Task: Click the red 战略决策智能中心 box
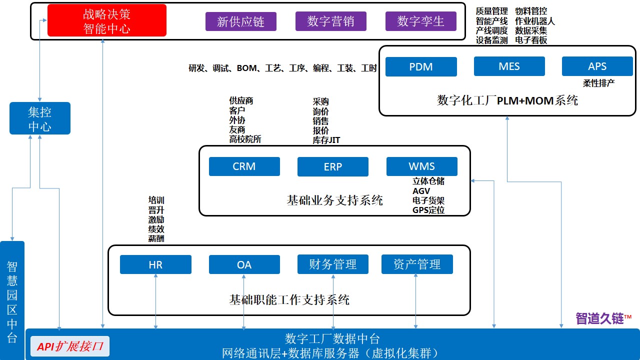point(106,20)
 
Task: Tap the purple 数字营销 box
point(330,21)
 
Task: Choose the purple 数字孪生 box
point(420,21)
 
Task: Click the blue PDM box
point(421,66)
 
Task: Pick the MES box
point(509,66)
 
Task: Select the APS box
point(597,66)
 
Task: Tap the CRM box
point(244,166)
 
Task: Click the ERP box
point(332,167)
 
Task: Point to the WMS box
point(421,166)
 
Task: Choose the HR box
point(155,264)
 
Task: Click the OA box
point(244,264)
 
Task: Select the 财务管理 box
point(332,264)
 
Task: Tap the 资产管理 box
point(417,264)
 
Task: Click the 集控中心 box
point(40,118)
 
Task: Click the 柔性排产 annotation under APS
point(598,83)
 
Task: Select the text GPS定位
point(428,210)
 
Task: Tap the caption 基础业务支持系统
point(334,200)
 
